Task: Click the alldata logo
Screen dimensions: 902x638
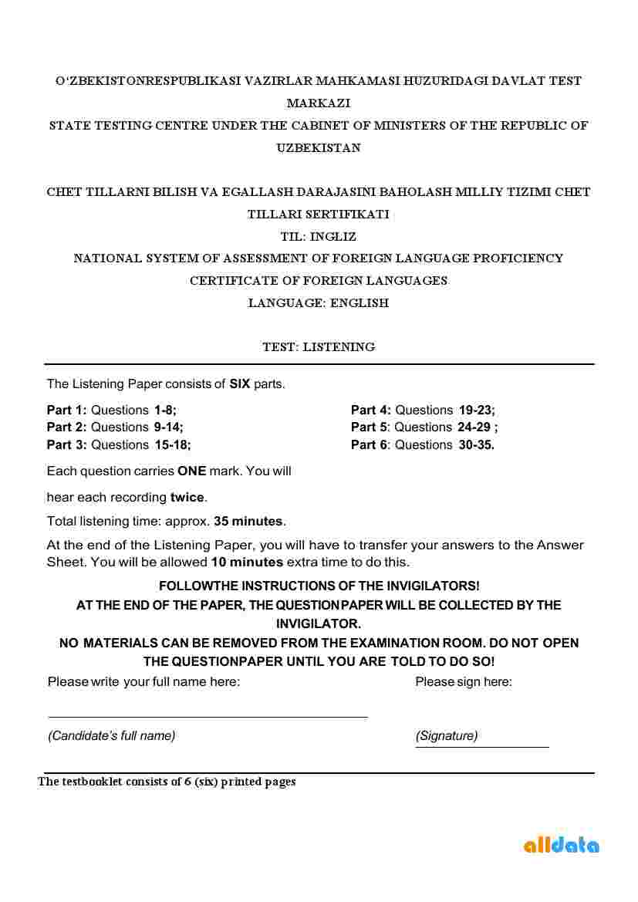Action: click(561, 845)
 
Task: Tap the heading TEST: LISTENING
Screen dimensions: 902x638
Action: click(319, 347)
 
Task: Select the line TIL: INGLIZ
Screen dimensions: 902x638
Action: click(319, 237)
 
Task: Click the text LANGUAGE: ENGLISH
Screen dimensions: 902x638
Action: click(319, 303)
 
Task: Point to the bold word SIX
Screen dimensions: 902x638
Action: click(240, 383)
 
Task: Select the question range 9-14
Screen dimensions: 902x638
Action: click(168, 427)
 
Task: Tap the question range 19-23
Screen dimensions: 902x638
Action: click(477, 410)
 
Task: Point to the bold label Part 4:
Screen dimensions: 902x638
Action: click(371, 410)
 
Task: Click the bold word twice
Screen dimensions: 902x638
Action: click(187, 497)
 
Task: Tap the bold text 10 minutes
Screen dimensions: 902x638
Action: click(247, 562)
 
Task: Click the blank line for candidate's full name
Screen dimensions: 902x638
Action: click(208, 717)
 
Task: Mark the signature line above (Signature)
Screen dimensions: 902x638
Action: click(482, 746)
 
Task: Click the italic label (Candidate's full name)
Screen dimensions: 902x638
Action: click(112, 735)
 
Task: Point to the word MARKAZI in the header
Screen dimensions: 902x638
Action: click(319, 103)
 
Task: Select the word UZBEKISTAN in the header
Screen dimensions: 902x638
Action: click(319, 147)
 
